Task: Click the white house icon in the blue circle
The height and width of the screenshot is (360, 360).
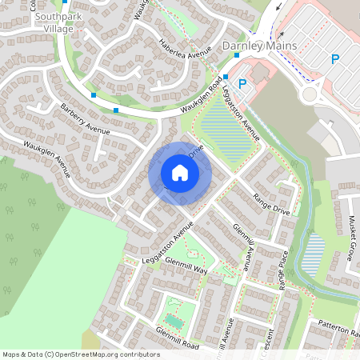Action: tap(180, 173)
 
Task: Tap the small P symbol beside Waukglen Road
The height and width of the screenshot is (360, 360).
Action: tap(242, 82)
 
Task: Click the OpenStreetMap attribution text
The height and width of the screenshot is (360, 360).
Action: tap(81, 354)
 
